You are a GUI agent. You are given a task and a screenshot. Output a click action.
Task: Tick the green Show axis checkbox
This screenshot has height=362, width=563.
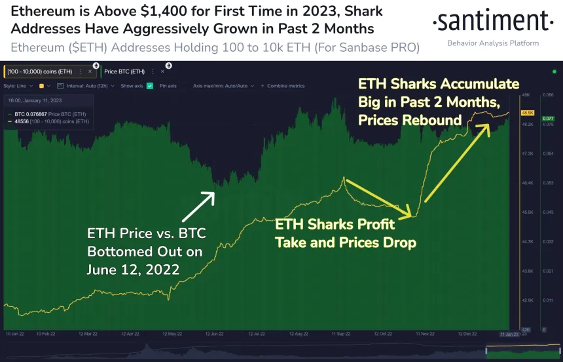[150, 86]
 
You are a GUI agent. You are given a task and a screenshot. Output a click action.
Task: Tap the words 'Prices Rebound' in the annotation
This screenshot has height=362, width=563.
[410, 120]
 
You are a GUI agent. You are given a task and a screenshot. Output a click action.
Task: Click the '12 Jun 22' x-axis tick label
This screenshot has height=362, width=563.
[216, 333]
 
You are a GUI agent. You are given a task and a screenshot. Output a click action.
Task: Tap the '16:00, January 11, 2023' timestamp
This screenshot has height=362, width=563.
[34, 102]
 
